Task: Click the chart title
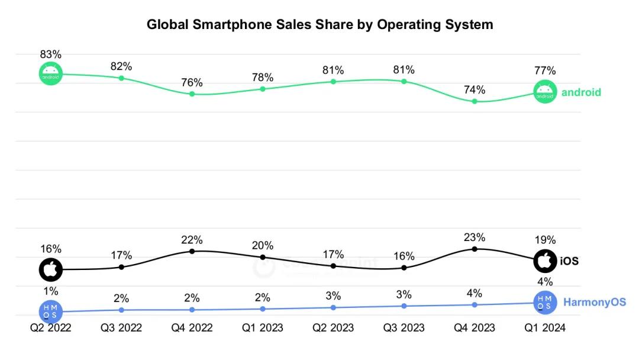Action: coord(319,25)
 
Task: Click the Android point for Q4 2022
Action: coord(192,94)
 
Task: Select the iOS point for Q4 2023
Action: coord(475,249)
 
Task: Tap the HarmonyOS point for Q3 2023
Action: coord(404,306)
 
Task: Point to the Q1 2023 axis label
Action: coord(263,327)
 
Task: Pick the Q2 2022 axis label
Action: coord(51,327)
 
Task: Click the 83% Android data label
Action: coord(51,54)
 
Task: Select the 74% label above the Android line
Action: coord(475,90)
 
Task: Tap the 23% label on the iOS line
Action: coord(475,237)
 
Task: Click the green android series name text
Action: coord(581,92)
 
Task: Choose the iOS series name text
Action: coord(569,261)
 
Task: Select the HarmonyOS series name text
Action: coord(594,303)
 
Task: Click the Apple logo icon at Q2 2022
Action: coord(51,270)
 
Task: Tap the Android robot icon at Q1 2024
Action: coord(545,92)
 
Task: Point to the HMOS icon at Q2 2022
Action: coord(51,311)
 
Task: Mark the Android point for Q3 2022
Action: coord(121,78)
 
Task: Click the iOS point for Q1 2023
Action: coord(263,257)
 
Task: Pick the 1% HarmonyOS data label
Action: coord(51,291)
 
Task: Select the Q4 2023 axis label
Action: coord(475,327)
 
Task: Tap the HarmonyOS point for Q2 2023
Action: coord(333,307)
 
